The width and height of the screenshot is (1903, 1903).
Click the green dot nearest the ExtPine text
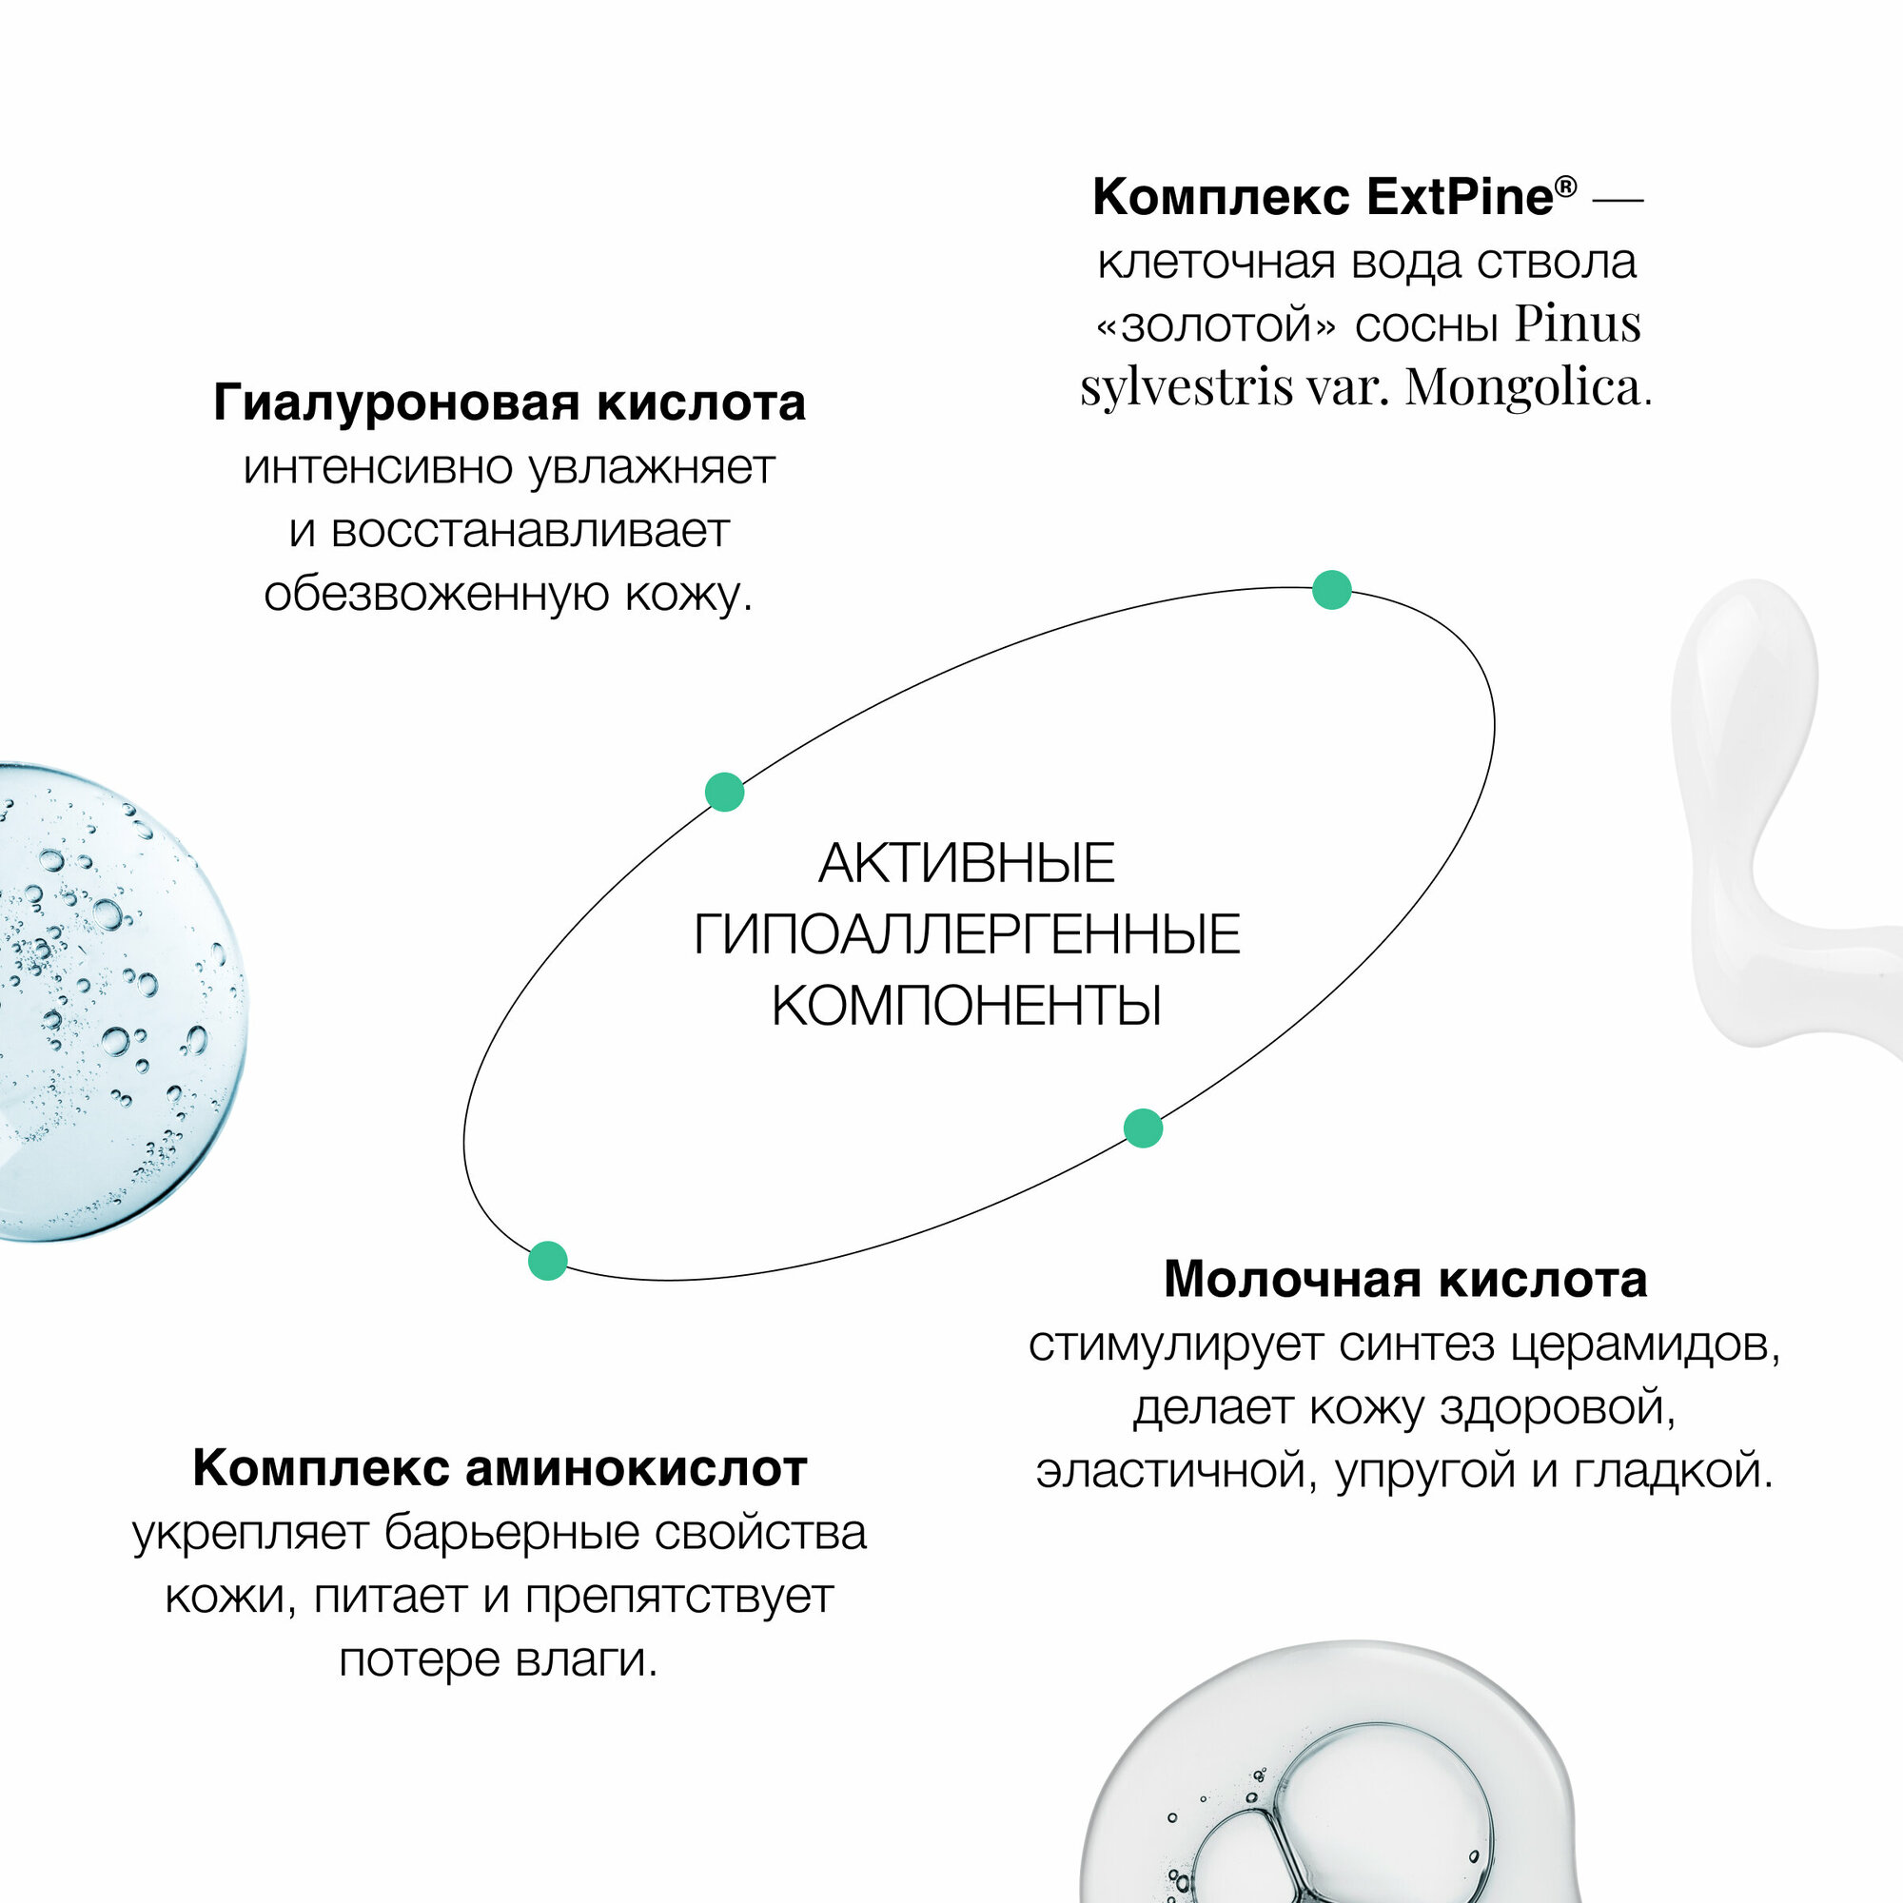[1332, 590]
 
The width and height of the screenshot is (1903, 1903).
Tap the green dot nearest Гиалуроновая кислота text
[725, 792]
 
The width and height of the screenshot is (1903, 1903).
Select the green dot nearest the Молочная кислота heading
[1143, 1128]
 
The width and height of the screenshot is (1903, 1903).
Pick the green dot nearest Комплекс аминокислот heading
[548, 1261]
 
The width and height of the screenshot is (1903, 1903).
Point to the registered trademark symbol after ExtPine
[1565, 186]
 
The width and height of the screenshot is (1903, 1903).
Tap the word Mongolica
[1522, 387]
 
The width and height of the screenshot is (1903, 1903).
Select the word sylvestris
[1186, 387]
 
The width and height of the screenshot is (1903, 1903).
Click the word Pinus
[1577, 324]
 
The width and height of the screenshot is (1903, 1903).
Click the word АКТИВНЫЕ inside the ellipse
[967, 864]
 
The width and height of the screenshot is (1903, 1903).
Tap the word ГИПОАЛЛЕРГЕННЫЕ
[967, 934]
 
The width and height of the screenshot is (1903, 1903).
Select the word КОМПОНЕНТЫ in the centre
[967, 1007]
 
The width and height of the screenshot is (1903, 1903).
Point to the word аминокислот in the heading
[637, 1468]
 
